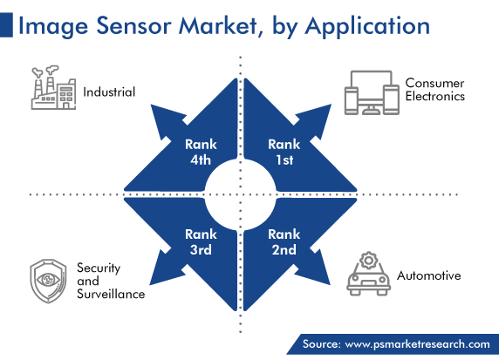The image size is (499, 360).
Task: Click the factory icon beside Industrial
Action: [x=53, y=88]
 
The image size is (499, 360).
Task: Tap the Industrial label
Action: [x=109, y=92]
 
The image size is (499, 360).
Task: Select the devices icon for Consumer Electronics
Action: [x=372, y=92]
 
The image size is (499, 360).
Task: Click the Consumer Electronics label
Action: [x=435, y=90]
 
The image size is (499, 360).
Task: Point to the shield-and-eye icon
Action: [x=48, y=281]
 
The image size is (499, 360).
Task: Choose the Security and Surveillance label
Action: [x=111, y=281]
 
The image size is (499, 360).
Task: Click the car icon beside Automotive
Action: [x=368, y=274]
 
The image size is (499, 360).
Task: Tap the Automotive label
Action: [x=428, y=275]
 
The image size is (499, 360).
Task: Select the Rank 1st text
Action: [x=284, y=152]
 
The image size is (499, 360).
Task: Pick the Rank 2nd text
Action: [x=284, y=242]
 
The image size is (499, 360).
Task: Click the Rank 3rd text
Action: [x=201, y=242]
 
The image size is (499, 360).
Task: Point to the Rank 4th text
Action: [x=201, y=152]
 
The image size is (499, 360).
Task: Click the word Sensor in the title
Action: [x=134, y=26]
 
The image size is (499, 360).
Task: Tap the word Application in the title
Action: [x=367, y=27]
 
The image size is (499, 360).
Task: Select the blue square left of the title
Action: [x=6, y=24]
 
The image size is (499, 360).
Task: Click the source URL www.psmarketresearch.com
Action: [x=418, y=344]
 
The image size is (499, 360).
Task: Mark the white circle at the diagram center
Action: [x=240, y=194]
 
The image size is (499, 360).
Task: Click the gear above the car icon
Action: [x=368, y=261]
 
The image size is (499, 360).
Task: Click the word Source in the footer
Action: [x=321, y=344]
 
